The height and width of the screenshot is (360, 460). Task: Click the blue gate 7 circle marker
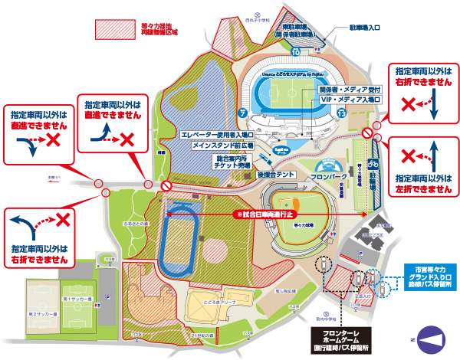[242, 113]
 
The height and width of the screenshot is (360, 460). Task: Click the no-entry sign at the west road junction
[165, 186]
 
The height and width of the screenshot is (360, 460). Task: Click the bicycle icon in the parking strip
[374, 162]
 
